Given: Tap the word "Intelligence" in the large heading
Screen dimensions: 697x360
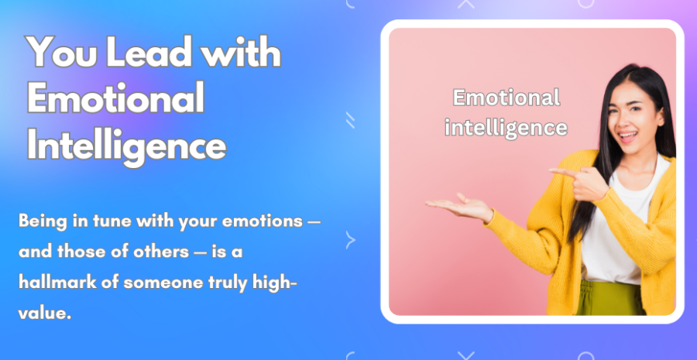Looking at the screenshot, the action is click(127, 146).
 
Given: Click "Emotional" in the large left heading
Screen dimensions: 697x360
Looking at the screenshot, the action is click(115, 98).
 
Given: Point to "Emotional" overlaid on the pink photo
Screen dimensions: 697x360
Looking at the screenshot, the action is click(506, 98).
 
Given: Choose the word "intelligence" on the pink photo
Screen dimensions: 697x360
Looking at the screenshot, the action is click(506, 128).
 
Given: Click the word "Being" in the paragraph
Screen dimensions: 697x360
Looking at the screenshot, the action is click(43, 221).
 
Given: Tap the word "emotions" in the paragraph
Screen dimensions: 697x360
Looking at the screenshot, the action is click(263, 221).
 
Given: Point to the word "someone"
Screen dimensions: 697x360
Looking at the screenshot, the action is click(163, 283).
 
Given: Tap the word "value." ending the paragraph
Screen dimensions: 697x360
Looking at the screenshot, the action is click(44, 314).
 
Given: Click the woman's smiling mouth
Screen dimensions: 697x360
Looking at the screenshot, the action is click(627, 135).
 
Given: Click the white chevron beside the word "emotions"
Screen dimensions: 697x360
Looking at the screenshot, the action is click(350, 240).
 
